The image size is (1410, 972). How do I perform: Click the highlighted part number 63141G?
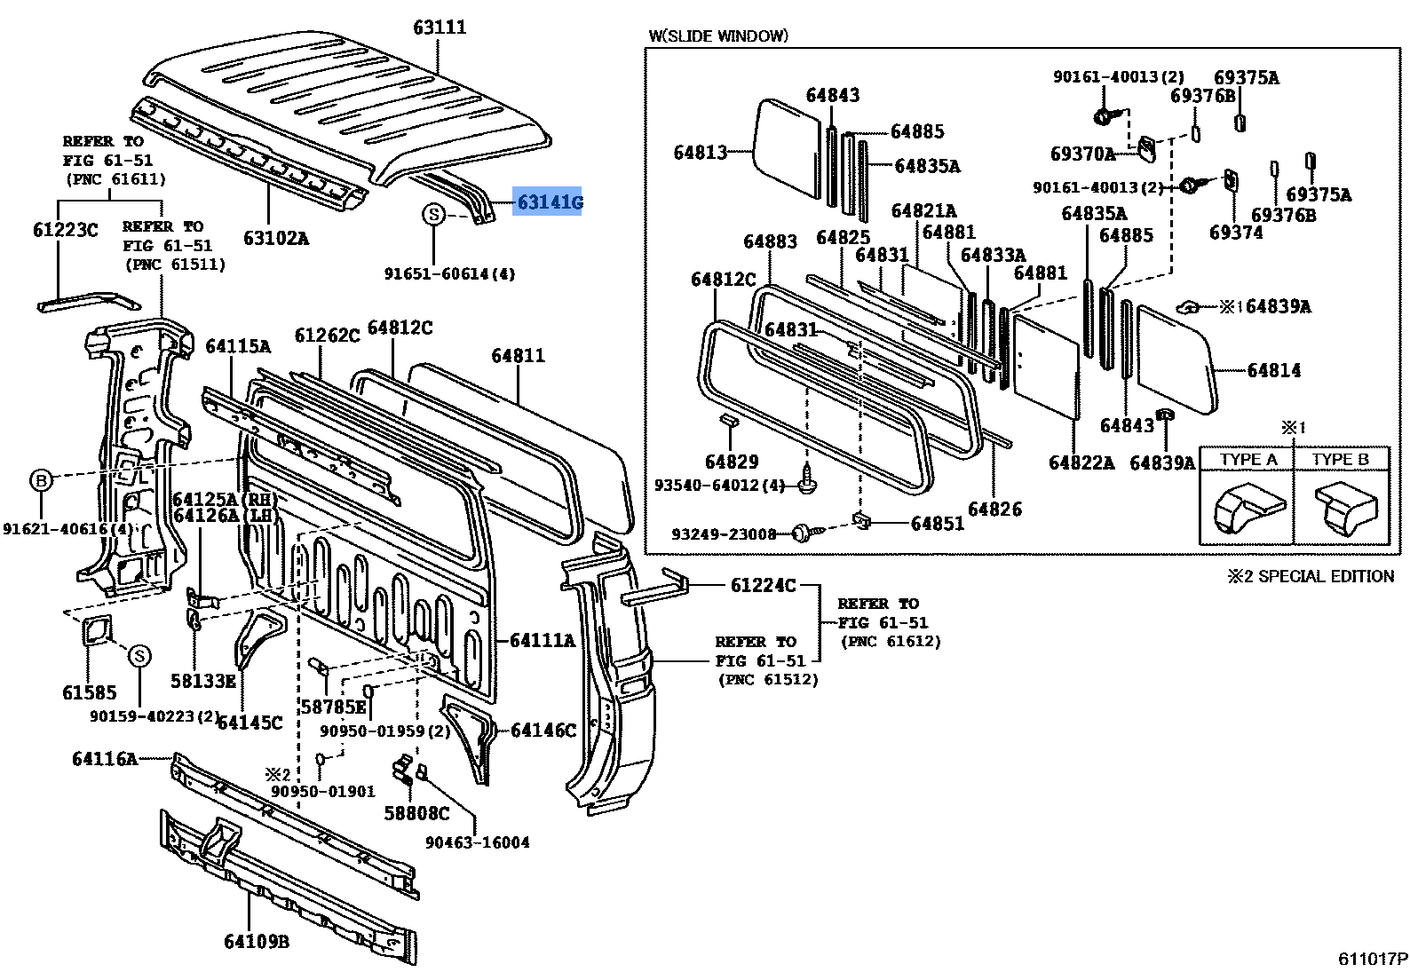pyautogui.click(x=550, y=202)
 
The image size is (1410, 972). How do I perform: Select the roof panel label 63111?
pyautogui.click(x=440, y=28)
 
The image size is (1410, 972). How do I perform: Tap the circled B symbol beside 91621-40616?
pyautogui.click(x=42, y=480)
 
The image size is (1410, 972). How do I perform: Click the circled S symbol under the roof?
pyautogui.click(x=433, y=214)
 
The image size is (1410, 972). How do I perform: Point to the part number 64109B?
pyautogui.click(x=256, y=942)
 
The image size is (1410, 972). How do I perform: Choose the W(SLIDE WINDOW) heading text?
pyautogui.click(x=717, y=36)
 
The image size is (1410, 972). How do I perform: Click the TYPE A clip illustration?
pyautogui.click(x=1248, y=509)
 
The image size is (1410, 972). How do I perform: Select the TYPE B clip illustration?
pyautogui.click(x=1344, y=509)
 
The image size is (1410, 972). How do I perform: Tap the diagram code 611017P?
pyautogui.click(x=1372, y=959)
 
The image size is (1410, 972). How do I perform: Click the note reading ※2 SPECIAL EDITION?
pyautogui.click(x=1311, y=576)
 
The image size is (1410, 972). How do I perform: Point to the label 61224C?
pyautogui.click(x=763, y=585)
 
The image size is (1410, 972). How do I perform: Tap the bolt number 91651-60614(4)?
pyautogui.click(x=449, y=274)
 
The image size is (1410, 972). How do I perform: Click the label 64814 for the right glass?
pyautogui.click(x=1273, y=370)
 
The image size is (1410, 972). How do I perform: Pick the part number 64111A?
pyautogui.click(x=542, y=640)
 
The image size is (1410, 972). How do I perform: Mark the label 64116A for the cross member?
pyautogui.click(x=105, y=758)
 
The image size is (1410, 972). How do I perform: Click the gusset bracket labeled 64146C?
pyautogui.click(x=471, y=732)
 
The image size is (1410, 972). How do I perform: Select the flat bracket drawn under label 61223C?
pyautogui.click(x=77, y=302)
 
